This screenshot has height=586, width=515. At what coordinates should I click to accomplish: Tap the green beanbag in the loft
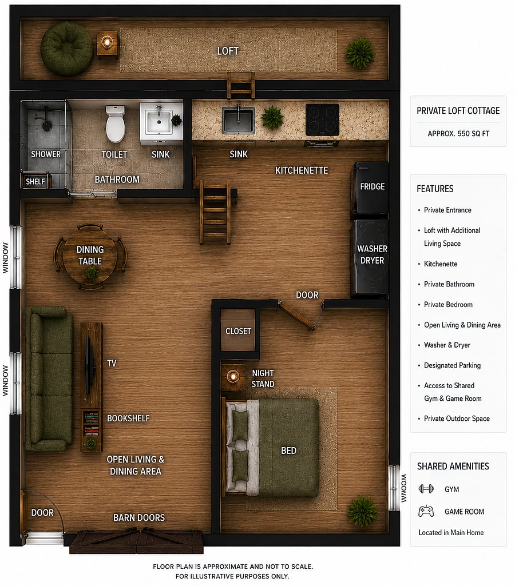pyautogui.click(x=66, y=49)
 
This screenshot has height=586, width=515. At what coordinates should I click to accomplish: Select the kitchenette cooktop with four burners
pyautogui.click(x=322, y=119)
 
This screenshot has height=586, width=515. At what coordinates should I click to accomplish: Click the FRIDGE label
pyautogui.click(x=372, y=186)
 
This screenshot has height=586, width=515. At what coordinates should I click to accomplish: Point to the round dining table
pyautogui.click(x=90, y=256)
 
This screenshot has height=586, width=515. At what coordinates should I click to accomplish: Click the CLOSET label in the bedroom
pyautogui.click(x=238, y=331)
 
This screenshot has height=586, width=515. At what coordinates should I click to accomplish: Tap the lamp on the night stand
pyautogui.click(x=233, y=376)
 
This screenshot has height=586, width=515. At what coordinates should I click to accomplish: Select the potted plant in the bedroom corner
pyautogui.click(x=362, y=511)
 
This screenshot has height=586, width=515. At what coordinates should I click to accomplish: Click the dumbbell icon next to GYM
pyautogui.click(x=426, y=489)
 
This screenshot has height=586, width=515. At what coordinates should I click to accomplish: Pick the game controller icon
pyautogui.click(x=426, y=511)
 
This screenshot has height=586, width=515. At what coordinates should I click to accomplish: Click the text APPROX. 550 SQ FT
pyautogui.click(x=458, y=133)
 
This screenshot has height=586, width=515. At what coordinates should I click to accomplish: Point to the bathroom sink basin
pyautogui.click(x=159, y=122)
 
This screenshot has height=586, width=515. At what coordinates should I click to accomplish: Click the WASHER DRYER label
pyautogui.click(x=372, y=254)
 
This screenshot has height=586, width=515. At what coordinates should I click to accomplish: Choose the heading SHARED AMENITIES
pyautogui.click(x=453, y=467)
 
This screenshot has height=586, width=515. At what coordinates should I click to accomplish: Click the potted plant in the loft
pyautogui.click(x=359, y=53)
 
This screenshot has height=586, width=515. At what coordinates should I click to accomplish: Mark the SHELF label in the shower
pyautogui.click(x=35, y=182)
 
